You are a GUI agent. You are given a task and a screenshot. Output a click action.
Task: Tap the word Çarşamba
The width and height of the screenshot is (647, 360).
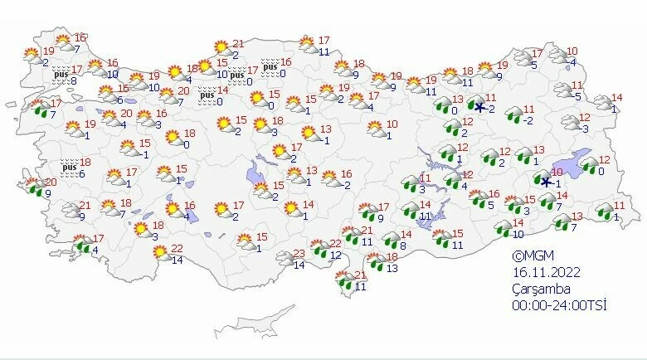pos(541,289)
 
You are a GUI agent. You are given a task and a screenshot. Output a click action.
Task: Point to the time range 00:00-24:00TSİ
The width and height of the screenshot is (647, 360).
pos(560,305)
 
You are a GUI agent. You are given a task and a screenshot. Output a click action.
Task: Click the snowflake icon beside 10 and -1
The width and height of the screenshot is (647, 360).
pos(545,182)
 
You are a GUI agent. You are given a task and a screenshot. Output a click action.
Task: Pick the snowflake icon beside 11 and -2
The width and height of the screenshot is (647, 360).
pos(479,106)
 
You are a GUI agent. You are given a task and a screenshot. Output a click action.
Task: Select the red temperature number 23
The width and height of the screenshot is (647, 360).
pos(300,253)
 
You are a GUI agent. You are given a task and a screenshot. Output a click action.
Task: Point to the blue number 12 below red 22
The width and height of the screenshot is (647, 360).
pos(335,255)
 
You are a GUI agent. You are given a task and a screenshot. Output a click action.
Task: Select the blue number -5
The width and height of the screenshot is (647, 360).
pos(577,96)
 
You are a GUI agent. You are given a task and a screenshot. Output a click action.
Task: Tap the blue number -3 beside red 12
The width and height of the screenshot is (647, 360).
pos(585,129)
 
